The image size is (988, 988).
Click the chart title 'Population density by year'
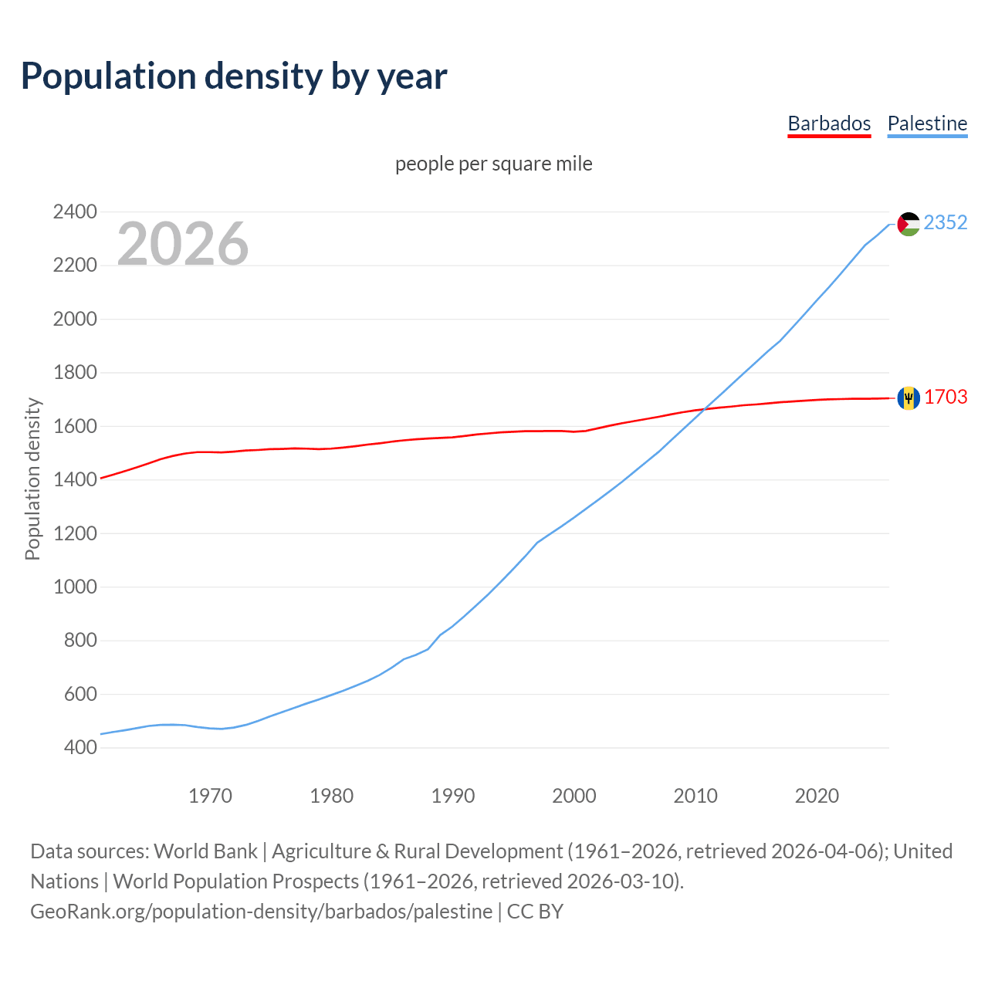pos(234,76)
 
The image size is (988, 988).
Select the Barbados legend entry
pos(829,123)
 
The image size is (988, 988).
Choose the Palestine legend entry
pos(927,123)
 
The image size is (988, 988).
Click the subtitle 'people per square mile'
pos(494,164)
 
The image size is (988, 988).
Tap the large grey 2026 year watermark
pos(183,244)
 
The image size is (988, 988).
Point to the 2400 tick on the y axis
pos(75,211)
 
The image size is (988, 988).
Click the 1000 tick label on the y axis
pos(75,587)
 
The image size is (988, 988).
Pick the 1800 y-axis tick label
pos(75,372)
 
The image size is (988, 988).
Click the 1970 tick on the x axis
pos(211,796)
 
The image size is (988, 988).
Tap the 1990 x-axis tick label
pos(453,796)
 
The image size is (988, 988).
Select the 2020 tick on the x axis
pos(817,796)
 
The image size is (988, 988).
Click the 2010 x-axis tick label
pos(695,796)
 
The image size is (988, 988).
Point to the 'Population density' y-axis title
pos(32,479)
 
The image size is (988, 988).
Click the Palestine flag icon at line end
pos(908,224)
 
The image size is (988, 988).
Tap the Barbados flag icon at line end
pos(908,398)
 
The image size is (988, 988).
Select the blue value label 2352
pos(946,222)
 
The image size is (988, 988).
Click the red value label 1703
pos(946,397)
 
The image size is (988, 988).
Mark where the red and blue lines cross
pos(704,409)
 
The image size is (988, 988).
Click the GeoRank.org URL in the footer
pos(261,912)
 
